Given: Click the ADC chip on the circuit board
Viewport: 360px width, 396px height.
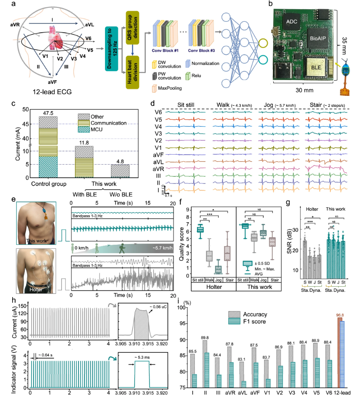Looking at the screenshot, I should click(x=290, y=20).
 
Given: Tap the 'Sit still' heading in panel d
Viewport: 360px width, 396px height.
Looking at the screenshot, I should click(x=189, y=105).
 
